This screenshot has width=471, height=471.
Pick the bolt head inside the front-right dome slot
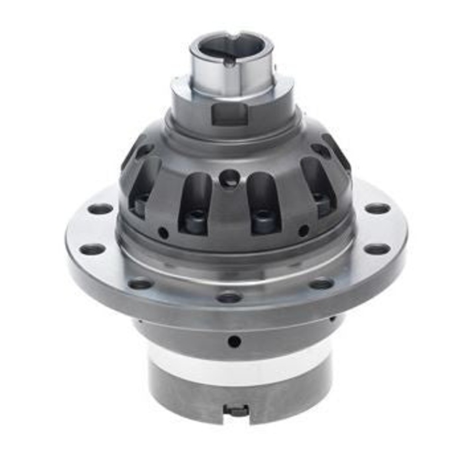point(264,219)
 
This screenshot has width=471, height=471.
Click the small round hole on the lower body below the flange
point(234,341)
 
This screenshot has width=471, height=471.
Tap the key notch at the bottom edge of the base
point(237,410)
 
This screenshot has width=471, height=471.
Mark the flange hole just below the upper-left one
point(92,249)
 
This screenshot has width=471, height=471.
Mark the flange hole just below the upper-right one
point(377,248)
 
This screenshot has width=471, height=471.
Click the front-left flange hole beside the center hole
point(141,284)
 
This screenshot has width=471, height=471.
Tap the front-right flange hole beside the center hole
point(321,284)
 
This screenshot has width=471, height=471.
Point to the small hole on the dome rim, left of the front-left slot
point(163,233)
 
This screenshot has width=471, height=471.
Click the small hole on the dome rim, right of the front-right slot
point(304,230)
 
